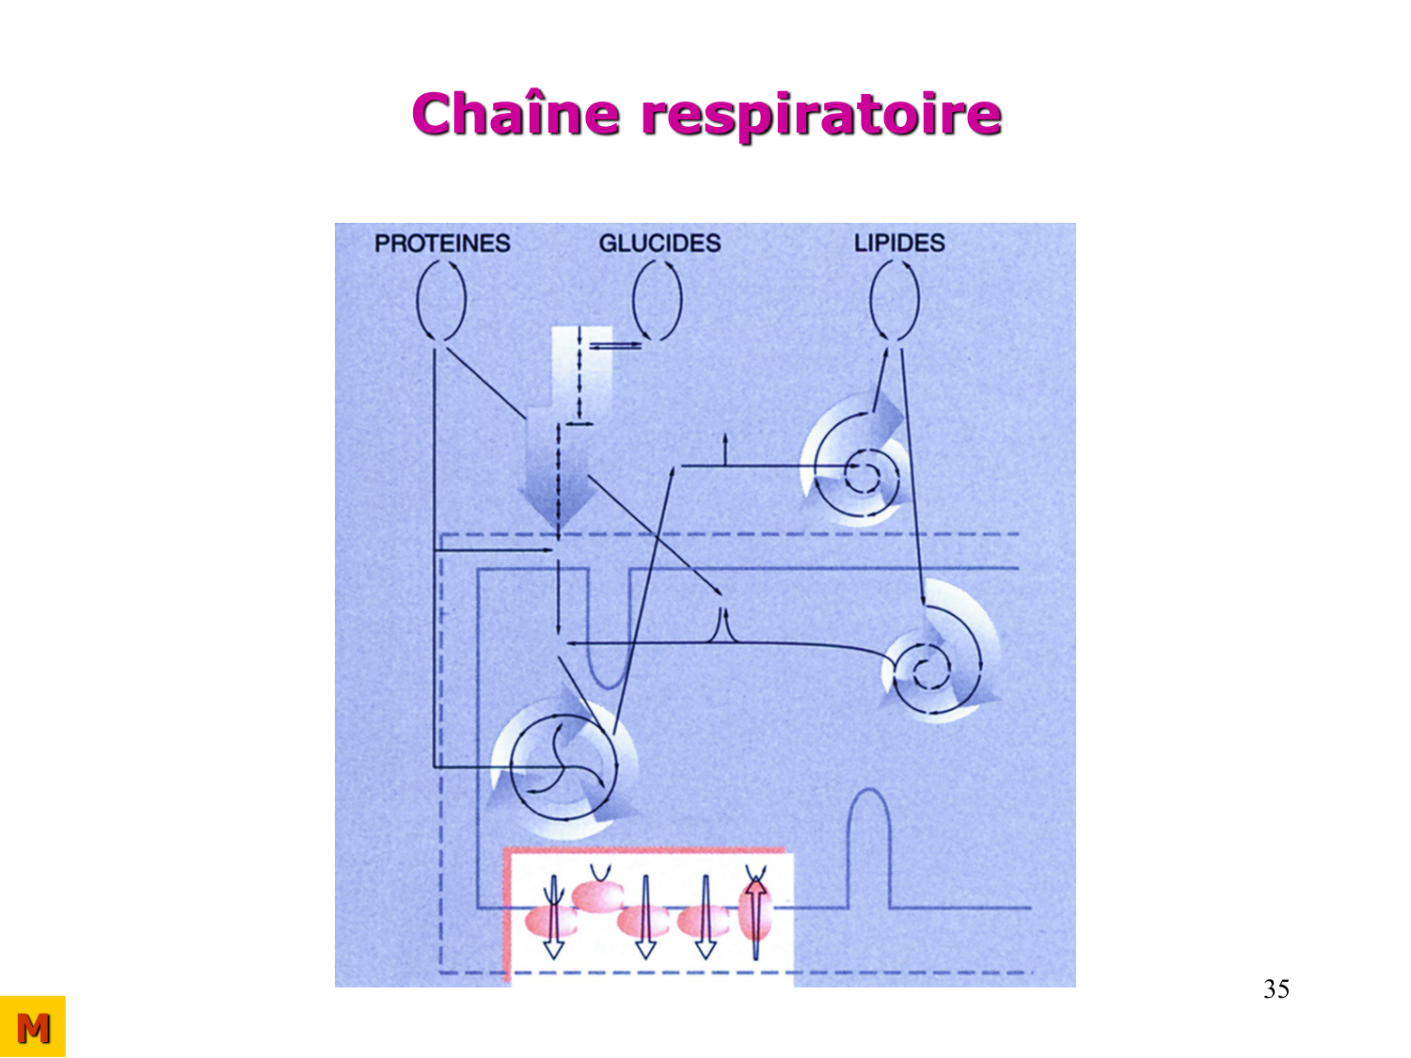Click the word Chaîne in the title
(515, 114)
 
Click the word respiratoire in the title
(820, 116)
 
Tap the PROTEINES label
(442, 244)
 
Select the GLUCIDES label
(659, 244)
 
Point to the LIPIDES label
(898, 243)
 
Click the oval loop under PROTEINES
(440, 299)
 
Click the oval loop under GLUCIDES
(658, 299)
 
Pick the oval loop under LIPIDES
(895, 299)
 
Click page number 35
(1276, 988)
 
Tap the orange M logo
(33, 1027)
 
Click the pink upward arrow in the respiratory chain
(754, 912)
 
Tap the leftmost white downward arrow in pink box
(554, 917)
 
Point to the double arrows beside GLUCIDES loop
(613, 346)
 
